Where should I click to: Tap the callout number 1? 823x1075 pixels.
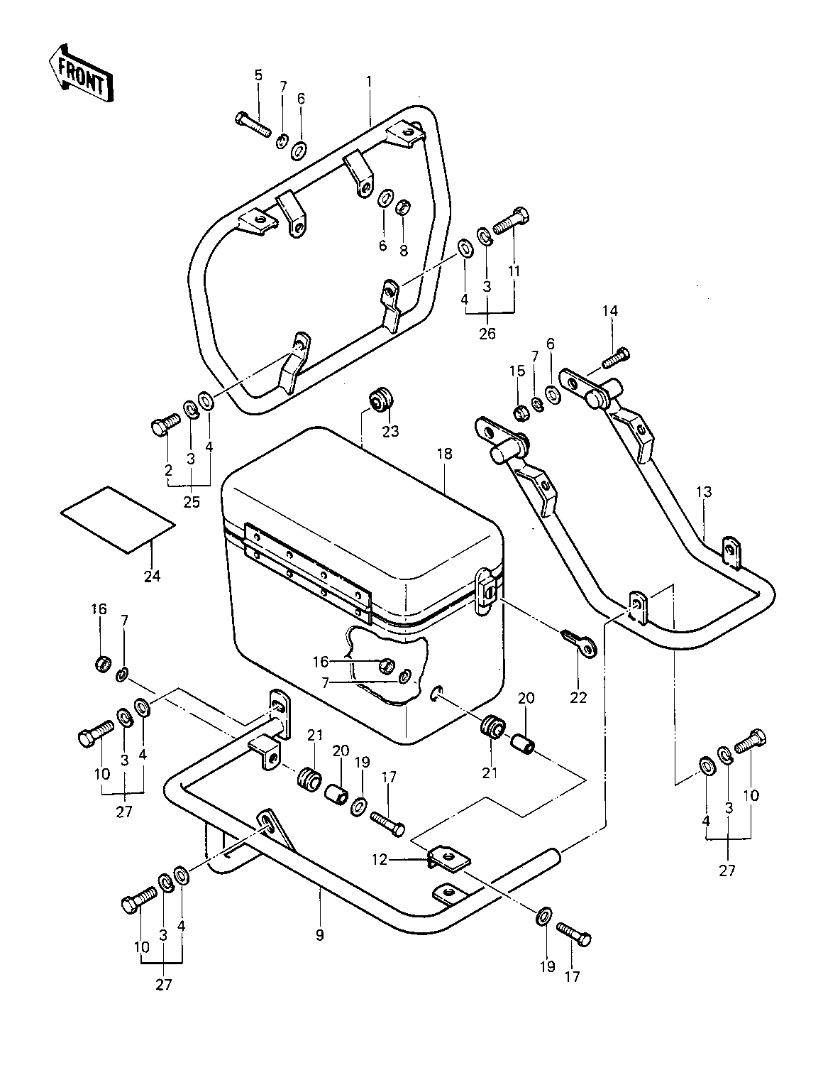pyautogui.click(x=369, y=82)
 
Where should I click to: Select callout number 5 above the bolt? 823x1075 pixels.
pyautogui.click(x=258, y=75)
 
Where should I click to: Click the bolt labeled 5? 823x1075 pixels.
pyautogui.click(x=253, y=126)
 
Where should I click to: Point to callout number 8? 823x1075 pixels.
pyautogui.click(x=404, y=251)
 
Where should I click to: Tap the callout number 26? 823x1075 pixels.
pyautogui.click(x=487, y=334)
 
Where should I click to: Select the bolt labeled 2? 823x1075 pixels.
pyautogui.click(x=165, y=424)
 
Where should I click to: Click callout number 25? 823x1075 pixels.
pyautogui.click(x=192, y=502)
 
